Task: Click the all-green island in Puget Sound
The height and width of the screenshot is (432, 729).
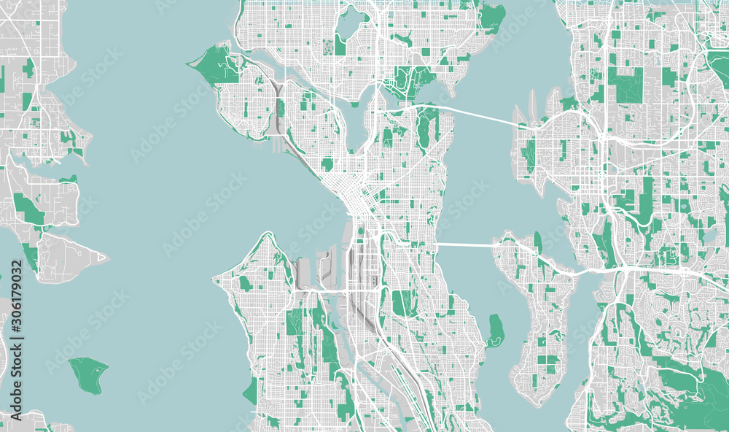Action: click(x=89, y=374)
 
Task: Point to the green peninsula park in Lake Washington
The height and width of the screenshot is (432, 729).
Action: click(x=496, y=330)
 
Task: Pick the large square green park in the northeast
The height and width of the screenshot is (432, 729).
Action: click(x=628, y=85)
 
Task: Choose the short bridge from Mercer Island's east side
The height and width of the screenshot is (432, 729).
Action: click(x=588, y=273)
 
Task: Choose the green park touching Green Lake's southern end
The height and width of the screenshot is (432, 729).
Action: click(x=340, y=45)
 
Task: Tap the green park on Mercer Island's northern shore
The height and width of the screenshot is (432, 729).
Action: click(x=538, y=241)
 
